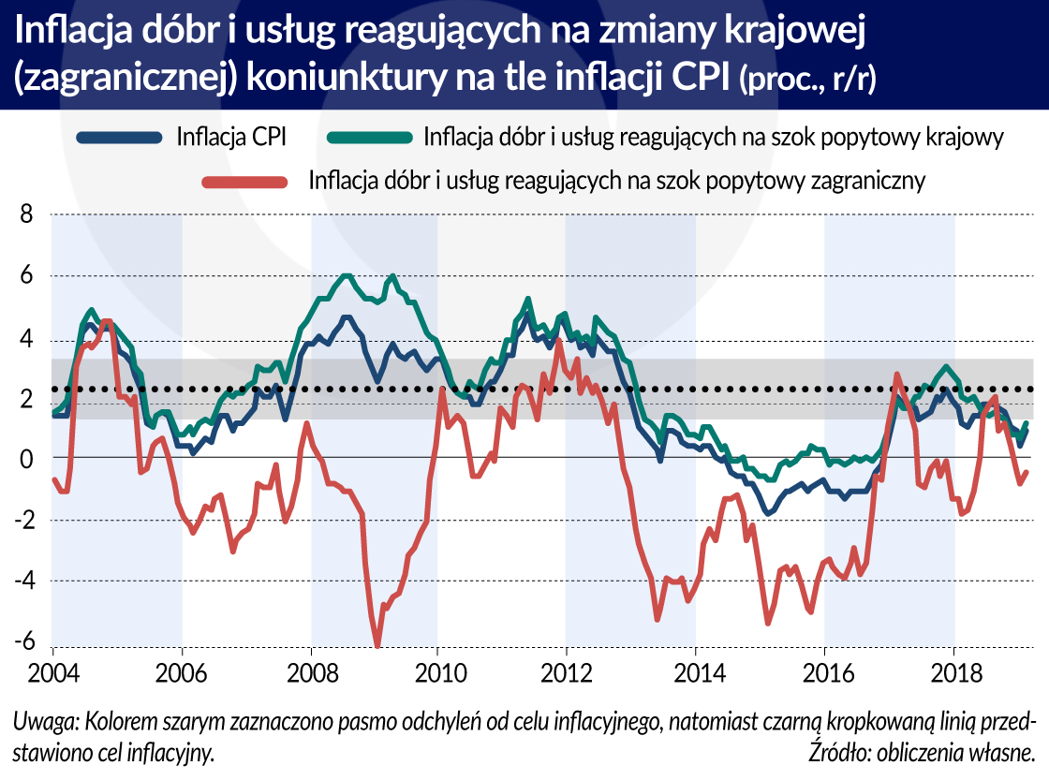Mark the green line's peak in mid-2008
(x=347, y=275)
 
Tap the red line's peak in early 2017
(x=896, y=375)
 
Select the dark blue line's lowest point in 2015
(x=768, y=513)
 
